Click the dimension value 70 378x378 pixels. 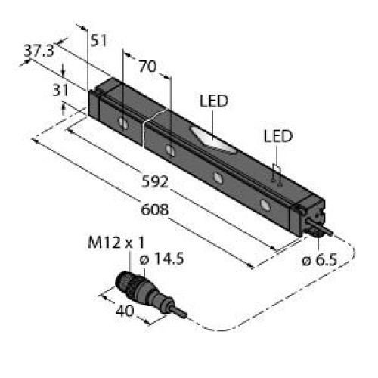click(147, 67)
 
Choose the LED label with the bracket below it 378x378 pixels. click(277, 136)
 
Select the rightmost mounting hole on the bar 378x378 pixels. click(265, 204)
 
